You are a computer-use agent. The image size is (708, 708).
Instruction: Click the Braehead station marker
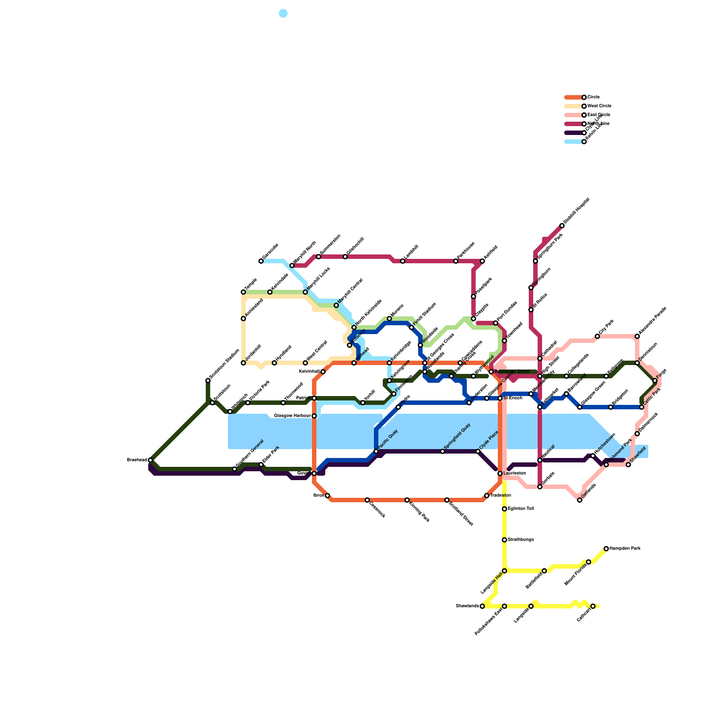[150, 460]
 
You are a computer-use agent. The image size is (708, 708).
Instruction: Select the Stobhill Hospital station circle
[562, 226]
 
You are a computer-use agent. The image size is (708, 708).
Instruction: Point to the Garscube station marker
[261, 261]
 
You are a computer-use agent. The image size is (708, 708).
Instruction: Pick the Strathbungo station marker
[504, 540]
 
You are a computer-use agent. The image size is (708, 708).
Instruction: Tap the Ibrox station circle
[327, 496]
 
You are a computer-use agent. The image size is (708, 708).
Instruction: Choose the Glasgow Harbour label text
[292, 416]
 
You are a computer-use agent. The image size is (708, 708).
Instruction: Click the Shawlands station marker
[482, 606]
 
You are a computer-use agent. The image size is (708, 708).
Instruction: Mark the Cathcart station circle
[593, 606]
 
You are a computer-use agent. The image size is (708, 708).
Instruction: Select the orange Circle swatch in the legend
[573, 97]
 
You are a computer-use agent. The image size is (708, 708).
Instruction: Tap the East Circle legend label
[599, 115]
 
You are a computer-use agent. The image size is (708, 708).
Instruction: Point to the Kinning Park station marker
[407, 500]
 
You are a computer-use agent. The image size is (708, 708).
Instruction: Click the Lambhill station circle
[403, 261]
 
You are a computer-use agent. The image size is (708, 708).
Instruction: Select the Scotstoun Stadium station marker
[208, 381]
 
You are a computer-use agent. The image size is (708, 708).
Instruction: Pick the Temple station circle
[243, 292]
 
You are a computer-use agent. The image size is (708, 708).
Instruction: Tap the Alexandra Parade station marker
[637, 336]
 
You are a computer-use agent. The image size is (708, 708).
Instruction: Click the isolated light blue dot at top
[283, 13]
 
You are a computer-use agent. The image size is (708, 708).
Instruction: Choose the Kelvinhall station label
[309, 372]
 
